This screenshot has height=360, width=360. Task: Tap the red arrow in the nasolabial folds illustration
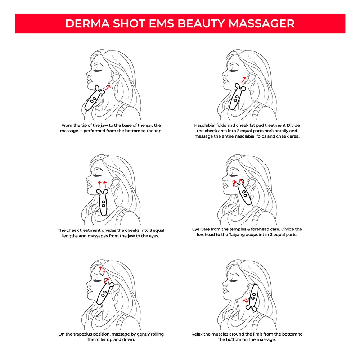244,80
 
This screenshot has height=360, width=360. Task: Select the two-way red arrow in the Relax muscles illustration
246,301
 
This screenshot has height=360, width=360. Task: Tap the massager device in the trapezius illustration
105,291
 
